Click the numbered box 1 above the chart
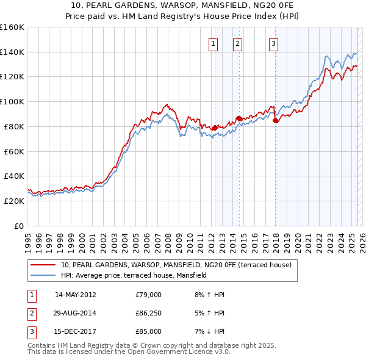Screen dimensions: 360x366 (x=213, y=43)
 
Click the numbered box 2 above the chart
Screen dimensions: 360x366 (x=237, y=43)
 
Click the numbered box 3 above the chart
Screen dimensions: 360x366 (x=273, y=43)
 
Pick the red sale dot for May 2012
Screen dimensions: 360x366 (x=215, y=128)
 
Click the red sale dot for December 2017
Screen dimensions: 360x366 (x=275, y=120)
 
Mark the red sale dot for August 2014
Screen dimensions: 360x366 (x=239, y=118)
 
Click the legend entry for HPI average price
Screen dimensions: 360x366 (x=134, y=275)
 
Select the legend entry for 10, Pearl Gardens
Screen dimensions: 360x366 (x=176, y=265)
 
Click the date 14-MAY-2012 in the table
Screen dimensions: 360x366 (x=76, y=295)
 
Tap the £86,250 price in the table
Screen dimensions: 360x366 (x=148, y=313)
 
